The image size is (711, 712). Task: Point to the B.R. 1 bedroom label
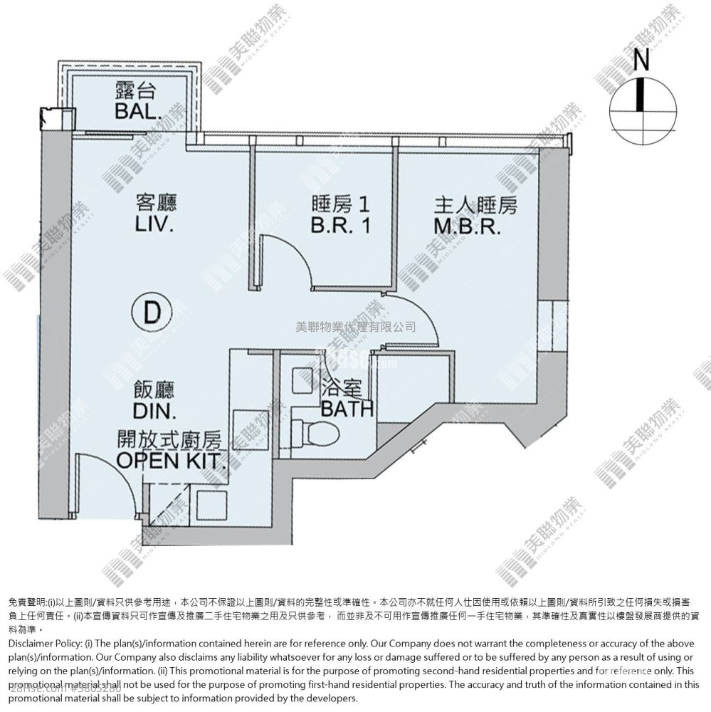340,226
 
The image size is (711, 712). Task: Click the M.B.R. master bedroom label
475,226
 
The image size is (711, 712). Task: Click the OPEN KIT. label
173,459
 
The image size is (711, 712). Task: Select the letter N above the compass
641,62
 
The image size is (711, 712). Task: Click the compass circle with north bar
642,113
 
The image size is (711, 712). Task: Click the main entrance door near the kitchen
107,491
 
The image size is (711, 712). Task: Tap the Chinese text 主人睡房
475,205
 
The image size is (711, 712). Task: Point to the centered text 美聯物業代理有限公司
355,328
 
